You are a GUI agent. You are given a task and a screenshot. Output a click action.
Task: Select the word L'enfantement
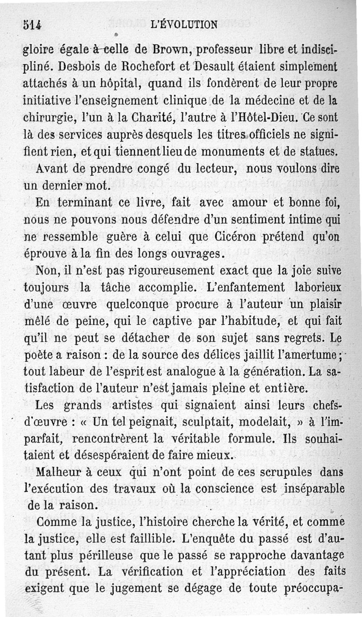pos(246,287)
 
